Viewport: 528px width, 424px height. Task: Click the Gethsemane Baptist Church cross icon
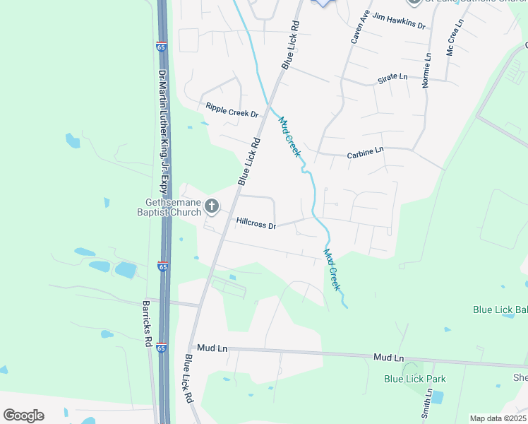coord(211,207)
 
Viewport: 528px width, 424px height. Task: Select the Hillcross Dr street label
coord(256,222)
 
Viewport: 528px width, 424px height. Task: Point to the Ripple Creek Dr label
coord(232,110)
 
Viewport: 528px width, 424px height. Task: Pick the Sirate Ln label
coord(392,77)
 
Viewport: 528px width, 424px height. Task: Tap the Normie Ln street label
coord(427,71)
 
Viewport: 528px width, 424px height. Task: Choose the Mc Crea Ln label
coord(455,38)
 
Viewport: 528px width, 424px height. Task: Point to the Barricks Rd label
coord(148,323)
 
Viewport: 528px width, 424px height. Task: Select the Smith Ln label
coord(426,404)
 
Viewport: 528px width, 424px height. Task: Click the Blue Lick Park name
coord(415,379)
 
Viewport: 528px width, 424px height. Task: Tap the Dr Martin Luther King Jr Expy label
coord(163,131)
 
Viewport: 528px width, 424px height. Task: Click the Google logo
coord(23,416)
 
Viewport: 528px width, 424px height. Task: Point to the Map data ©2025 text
coord(498,418)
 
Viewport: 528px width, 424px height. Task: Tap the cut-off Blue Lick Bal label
coord(500,310)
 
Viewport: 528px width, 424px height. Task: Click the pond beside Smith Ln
coord(437,397)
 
